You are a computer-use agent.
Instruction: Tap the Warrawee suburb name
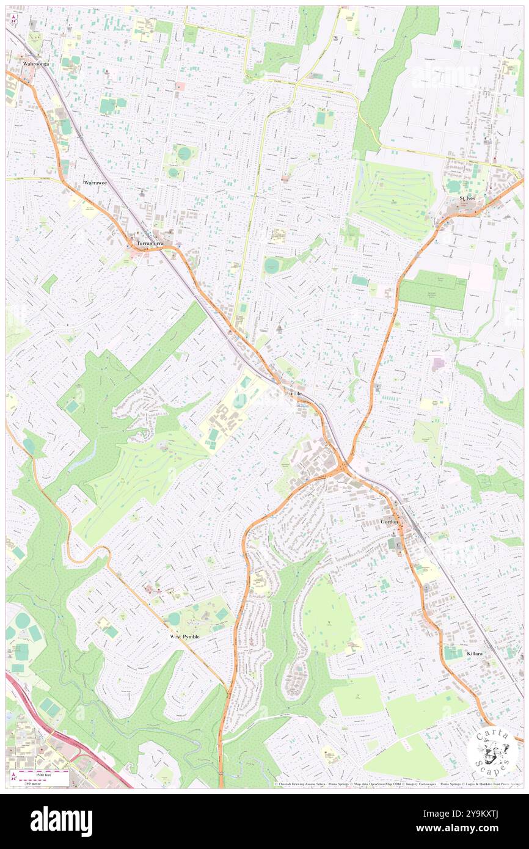[x=96, y=183]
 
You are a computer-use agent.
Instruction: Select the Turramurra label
[x=150, y=244]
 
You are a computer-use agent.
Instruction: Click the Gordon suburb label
[x=389, y=522]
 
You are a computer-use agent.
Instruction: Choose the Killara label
[x=475, y=654]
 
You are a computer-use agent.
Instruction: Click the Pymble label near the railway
[x=294, y=394]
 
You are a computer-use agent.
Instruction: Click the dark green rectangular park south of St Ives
[x=433, y=290]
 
